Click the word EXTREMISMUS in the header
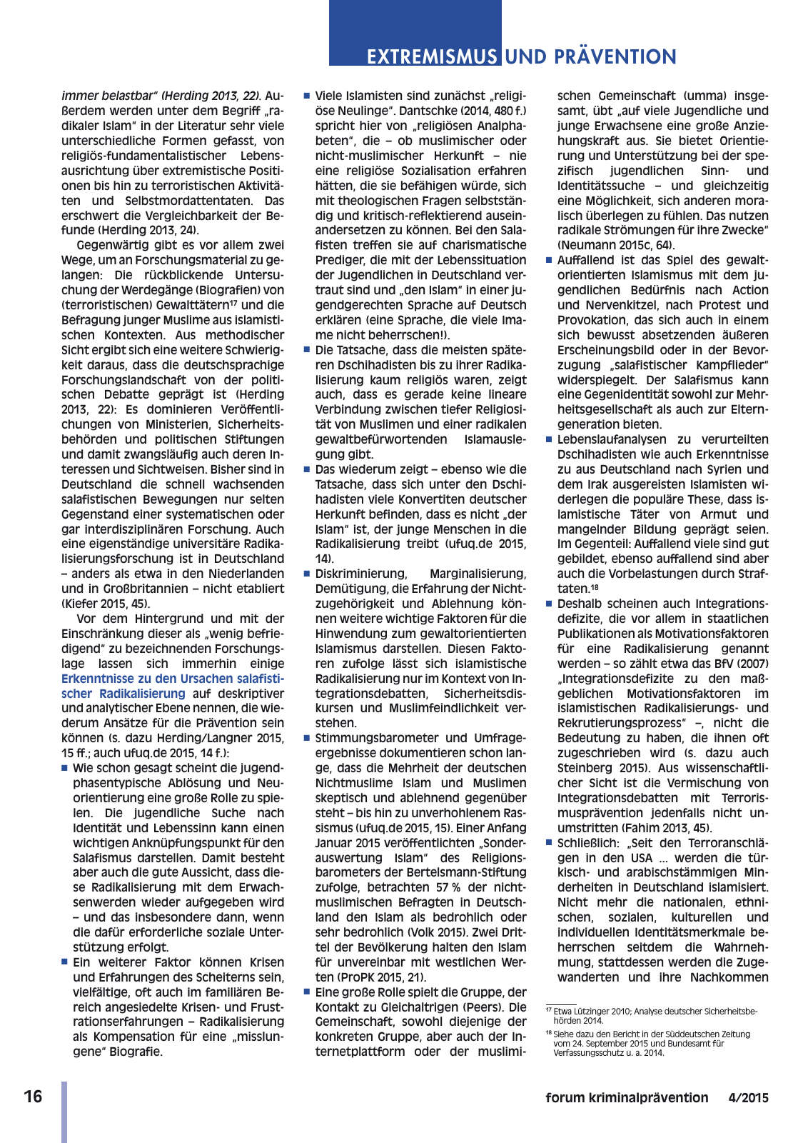point(432,57)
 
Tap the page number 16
point(33,1097)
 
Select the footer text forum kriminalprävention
point(627,1098)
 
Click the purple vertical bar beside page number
point(64,1112)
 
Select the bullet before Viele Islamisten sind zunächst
point(307,96)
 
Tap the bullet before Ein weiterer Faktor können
point(65,962)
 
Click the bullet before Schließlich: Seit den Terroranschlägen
point(549,843)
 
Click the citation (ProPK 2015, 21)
point(381,977)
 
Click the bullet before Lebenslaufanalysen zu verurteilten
point(549,440)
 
